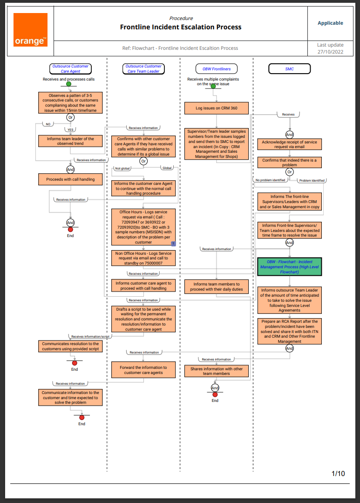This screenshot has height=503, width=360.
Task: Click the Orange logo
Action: (x=30, y=30)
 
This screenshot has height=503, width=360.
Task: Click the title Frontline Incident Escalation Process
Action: (x=181, y=27)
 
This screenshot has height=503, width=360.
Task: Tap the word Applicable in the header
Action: (x=330, y=23)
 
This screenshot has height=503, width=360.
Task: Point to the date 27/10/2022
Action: (x=330, y=52)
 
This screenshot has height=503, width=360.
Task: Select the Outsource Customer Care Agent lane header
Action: (x=70, y=69)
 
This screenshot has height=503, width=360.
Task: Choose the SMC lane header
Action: (x=290, y=69)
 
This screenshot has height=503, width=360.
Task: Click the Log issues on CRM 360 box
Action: (x=217, y=108)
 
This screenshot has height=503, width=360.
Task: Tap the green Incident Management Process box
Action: (x=289, y=267)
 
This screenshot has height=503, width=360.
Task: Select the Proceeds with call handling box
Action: (x=70, y=179)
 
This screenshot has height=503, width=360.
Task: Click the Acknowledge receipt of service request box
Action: (x=290, y=144)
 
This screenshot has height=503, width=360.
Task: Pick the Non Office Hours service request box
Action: (x=143, y=258)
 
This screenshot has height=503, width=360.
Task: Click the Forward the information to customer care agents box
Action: (x=143, y=370)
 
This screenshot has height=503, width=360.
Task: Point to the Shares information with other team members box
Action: (x=217, y=371)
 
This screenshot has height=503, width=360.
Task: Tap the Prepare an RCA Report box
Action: (x=290, y=331)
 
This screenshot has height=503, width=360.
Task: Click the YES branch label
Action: (x=71, y=130)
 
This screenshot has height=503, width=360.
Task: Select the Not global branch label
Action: (x=123, y=168)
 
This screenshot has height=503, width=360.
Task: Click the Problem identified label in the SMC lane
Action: (x=312, y=180)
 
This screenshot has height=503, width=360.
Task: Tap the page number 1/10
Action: (x=338, y=474)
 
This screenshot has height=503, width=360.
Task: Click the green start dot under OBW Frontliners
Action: (x=213, y=86)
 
